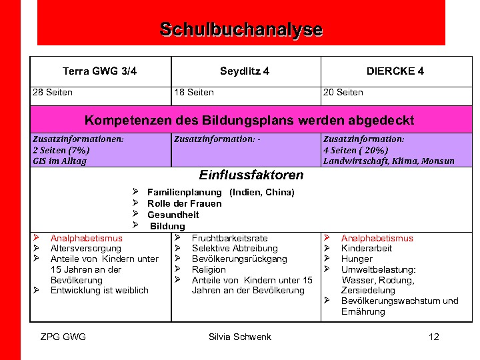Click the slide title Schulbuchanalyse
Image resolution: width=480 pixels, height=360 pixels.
coord(241,30)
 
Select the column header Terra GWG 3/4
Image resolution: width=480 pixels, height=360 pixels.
coord(99,71)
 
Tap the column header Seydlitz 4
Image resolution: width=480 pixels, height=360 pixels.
coord(245,71)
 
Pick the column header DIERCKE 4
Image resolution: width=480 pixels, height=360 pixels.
coord(395,71)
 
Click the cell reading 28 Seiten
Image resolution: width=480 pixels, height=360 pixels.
coord(53,93)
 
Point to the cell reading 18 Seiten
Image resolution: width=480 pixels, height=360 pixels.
coord(193,93)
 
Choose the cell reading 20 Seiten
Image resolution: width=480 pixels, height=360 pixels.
coord(343,93)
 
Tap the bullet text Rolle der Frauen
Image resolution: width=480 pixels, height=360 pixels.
coord(185,203)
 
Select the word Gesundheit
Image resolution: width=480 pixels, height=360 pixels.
coord(173,215)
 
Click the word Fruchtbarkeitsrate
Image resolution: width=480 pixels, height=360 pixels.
coord(229,238)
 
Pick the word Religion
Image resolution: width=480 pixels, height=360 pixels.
coord(209,269)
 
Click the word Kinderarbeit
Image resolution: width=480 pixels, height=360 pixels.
coord(367,249)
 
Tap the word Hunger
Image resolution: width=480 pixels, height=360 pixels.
coord(357,259)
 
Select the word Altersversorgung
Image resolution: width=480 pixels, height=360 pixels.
coord(86,249)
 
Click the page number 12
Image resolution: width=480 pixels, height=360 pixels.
coord(434,337)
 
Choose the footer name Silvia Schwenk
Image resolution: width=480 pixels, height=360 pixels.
coord(240,337)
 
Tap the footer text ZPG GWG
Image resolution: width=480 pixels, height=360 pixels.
coord(63,337)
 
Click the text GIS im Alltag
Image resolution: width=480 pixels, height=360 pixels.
coord(59,161)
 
